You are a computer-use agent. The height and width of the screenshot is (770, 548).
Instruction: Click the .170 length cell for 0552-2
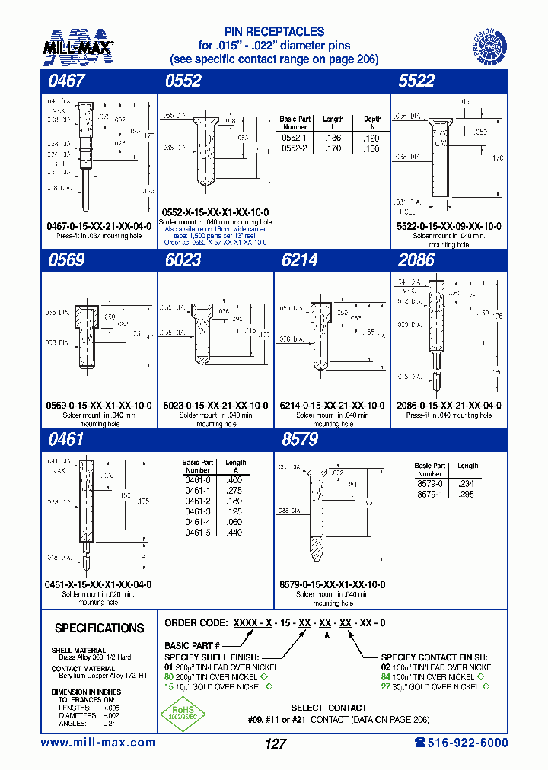[x=333, y=149]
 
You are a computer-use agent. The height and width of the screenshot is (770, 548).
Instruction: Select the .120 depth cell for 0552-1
[x=371, y=138]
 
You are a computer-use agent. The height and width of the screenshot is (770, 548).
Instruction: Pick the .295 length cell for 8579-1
[x=467, y=493]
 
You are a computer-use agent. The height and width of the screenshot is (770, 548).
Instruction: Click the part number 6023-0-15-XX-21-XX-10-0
[x=215, y=406]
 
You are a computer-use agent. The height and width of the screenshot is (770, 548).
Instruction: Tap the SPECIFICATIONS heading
[x=99, y=628]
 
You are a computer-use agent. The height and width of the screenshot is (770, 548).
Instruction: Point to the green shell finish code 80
[x=170, y=676]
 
